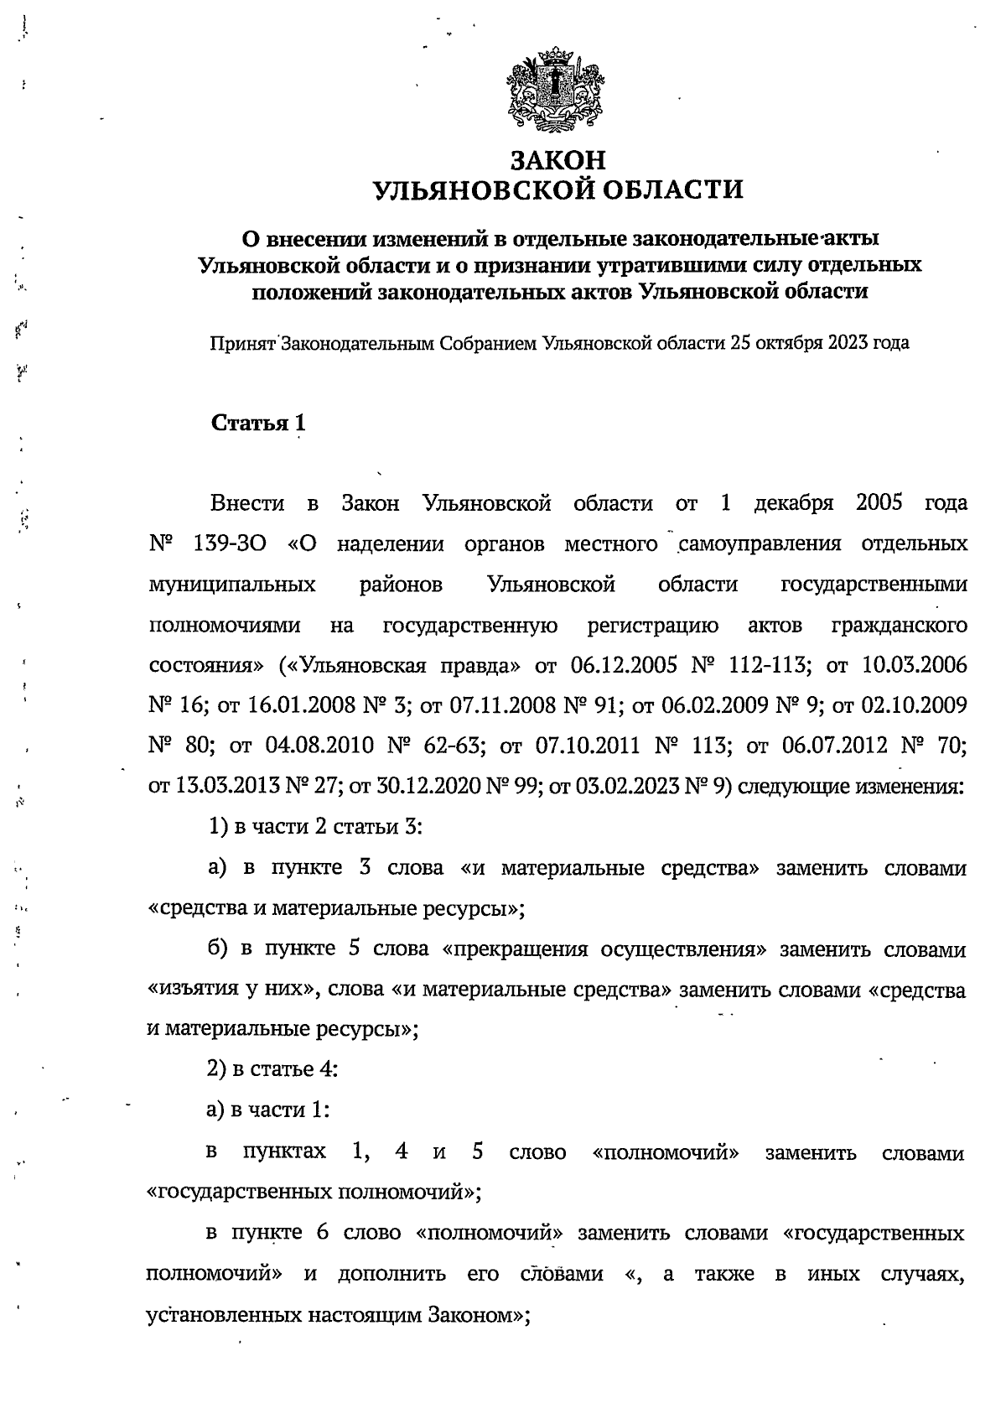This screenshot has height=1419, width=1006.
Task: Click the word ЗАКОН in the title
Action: click(x=557, y=159)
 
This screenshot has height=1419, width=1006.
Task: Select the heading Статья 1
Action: click(x=258, y=423)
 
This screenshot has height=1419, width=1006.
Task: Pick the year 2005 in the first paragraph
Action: click(x=879, y=503)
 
